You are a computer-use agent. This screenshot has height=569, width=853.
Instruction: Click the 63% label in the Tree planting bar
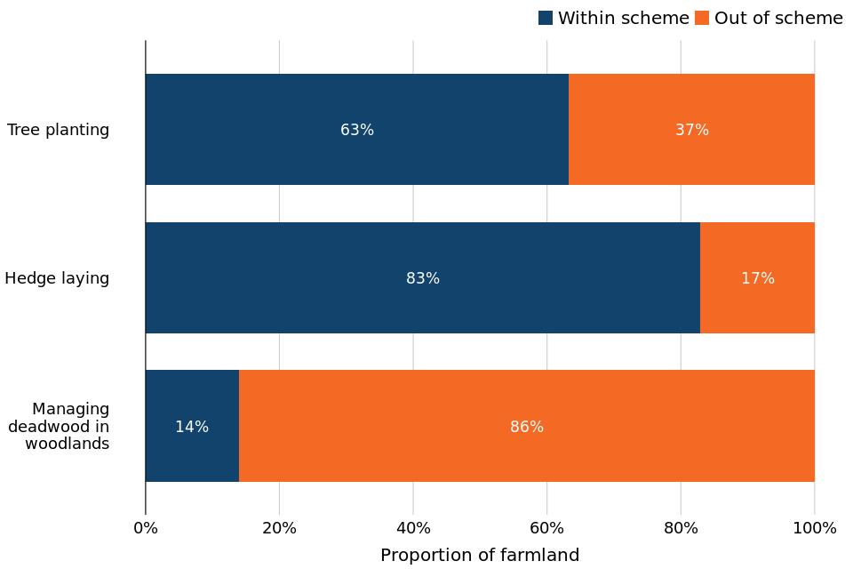pyautogui.click(x=357, y=131)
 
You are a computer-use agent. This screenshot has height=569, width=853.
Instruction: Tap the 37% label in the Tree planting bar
pyautogui.click(x=692, y=131)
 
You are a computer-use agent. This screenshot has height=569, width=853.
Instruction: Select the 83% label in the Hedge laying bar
pyautogui.click(x=423, y=279)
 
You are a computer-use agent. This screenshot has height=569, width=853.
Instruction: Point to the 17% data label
pyautogui.click(x=758, y=279)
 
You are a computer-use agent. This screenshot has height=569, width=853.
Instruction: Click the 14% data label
pyautogui.click(x=192, y=428)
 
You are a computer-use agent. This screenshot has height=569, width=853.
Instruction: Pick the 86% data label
pyautogui.click(x=527, y=428)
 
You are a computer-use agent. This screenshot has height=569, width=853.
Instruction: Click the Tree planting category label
pyautogui.click(x=59, y=131)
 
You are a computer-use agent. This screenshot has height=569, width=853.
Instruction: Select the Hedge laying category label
pyautogui.click(x=57, y=279)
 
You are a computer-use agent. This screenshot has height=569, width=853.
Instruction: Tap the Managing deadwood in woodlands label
pyautogui.click(x=60, y=427)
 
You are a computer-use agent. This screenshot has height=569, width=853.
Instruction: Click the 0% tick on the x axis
pyautogui.click(x=146, y=528)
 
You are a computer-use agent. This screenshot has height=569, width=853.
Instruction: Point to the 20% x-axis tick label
pyautogui.click(x=279, y=528)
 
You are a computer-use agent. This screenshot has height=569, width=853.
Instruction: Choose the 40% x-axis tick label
pyautogui.click(x=413, y=528)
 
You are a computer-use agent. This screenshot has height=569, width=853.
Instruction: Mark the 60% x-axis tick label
pyautogui.click(x=546, y=528)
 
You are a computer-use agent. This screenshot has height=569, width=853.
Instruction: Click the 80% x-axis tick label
pyautogui.click(x=681, y=528)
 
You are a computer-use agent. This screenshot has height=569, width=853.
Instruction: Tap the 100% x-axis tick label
pyautogui.click(x=815, y=528)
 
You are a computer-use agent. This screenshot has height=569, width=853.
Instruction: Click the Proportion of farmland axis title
pyautogui.click(x=480, y=556)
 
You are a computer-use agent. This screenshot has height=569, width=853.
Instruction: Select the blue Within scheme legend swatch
pyautogui.click(x=546, y=18)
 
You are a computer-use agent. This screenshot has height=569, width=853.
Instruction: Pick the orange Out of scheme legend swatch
pyautogui.click(x=702, y=18)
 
